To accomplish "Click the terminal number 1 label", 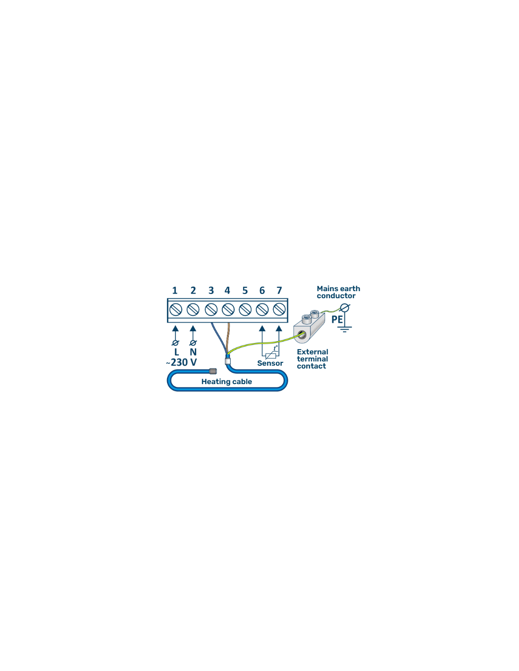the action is tap(175, 290).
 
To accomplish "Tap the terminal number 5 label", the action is tap(245, 290).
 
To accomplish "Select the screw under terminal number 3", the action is tap(211, 310).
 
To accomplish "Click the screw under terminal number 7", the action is tap(279, 310).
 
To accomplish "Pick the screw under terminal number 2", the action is tap(193, 310).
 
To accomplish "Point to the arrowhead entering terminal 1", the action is tap(176, 328).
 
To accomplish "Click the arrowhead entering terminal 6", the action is tap(262, 328).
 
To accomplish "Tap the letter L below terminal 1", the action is tap(176, 352).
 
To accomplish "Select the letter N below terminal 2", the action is tap(193, 352).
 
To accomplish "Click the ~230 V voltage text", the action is tap(182, 362).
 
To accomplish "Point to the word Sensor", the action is tap(270, 363).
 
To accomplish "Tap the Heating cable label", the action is tap(226, 382).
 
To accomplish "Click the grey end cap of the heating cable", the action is tap(213, 371).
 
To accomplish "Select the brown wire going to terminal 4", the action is tap(228, 338).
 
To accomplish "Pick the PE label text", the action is tap(337, 319).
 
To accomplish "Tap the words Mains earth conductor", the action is tap(338, 292).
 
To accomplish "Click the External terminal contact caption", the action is tap(312, 359).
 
